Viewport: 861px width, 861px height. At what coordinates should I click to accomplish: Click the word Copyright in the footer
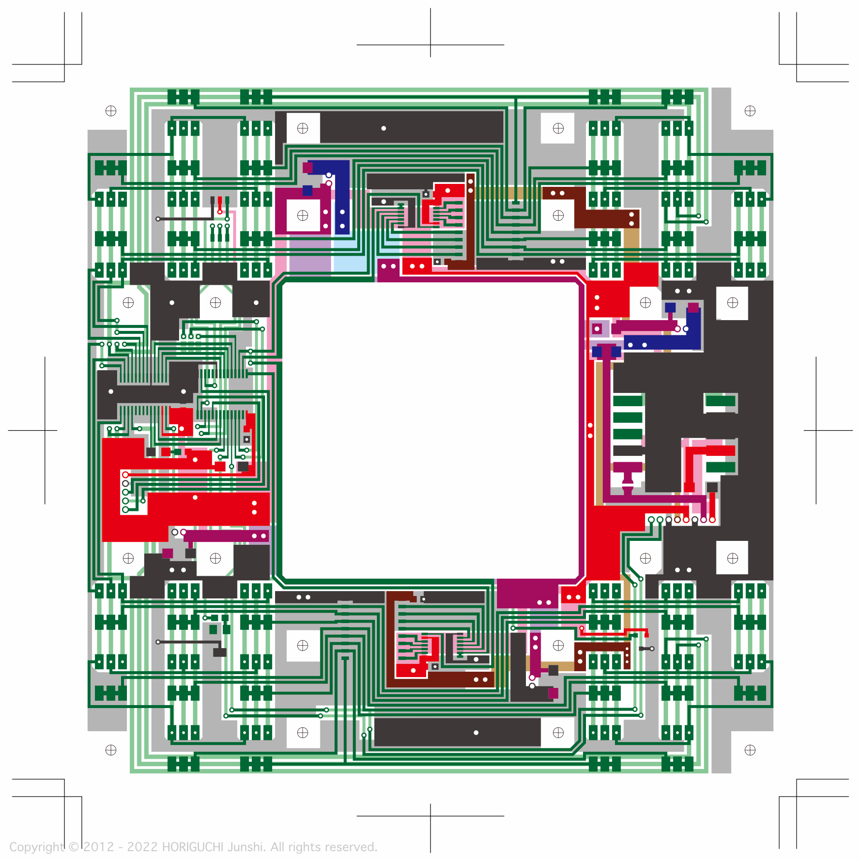point(37,847)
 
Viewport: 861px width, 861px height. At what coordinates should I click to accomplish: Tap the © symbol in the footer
point(74,847)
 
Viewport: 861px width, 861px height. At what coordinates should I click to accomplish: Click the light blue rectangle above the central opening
point(350,256)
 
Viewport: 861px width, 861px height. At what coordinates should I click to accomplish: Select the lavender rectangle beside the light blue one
point(310,256)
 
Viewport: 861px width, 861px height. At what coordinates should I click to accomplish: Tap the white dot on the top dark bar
point(383,128)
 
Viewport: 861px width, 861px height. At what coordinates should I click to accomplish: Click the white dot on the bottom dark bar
point(476,733)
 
